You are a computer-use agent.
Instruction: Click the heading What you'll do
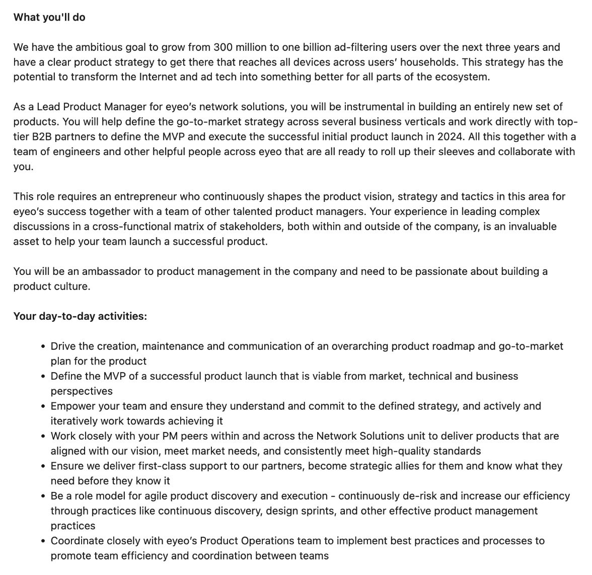(x=49, y=17)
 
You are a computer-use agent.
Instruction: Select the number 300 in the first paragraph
(x=224, y=47)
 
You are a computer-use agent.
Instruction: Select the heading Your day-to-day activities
(x=80, y=316)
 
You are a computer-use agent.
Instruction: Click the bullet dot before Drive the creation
(x=43, y=347)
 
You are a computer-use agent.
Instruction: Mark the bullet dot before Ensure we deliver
(x=43, y=467)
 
